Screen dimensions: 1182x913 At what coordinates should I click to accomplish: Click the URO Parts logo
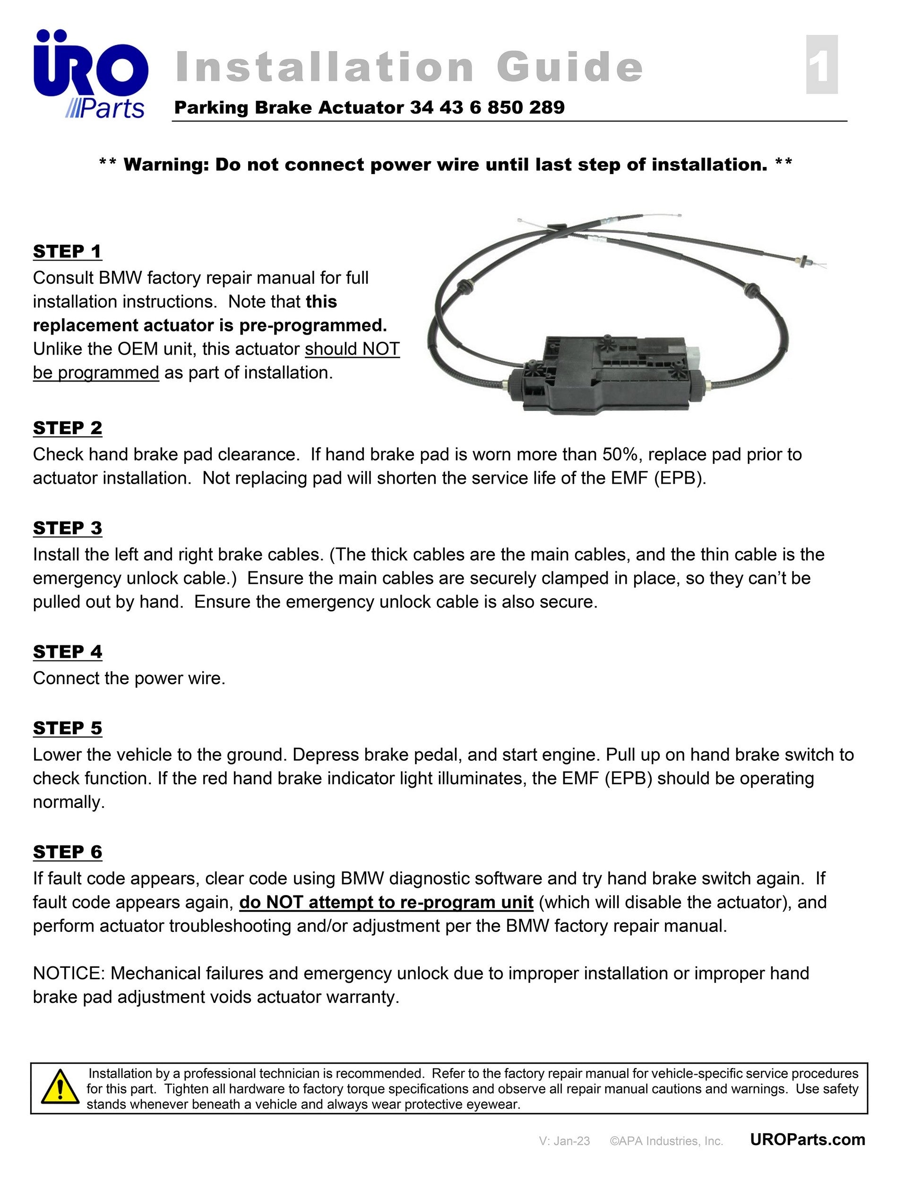coord(90,74)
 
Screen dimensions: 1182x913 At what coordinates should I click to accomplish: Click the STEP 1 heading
coord(67,252)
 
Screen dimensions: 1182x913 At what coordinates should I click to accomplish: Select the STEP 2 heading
coord(67,428)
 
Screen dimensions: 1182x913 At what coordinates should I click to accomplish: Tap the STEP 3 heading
coord(67,528)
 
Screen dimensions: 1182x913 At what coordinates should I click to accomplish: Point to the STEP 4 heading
coord(67,652)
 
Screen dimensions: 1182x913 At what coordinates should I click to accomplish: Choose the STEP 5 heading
coord(67,729)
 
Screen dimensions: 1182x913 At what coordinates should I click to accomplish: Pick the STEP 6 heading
coord(67,852)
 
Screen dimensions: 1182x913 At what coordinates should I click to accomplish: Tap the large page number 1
coord(822,65)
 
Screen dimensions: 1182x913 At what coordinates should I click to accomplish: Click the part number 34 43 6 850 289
coord(487,107)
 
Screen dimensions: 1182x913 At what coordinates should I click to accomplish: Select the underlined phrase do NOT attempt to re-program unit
coord(386,902)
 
